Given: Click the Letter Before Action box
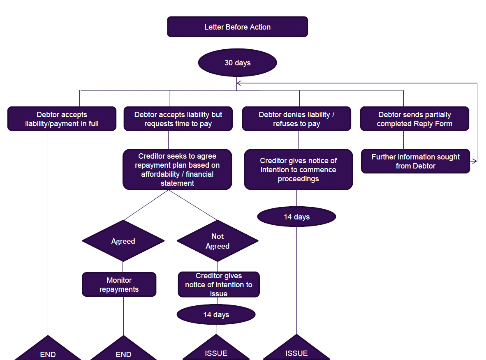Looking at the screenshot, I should (237, 27).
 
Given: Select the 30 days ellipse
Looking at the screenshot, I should (237, 63).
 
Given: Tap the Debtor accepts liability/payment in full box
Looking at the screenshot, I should (62, 119).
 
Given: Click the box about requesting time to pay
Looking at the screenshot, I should (178, 119).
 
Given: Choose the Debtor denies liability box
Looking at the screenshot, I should (296, 119).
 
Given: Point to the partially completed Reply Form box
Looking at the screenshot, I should (414, 119).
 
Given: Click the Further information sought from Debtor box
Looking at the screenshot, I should (415, 162).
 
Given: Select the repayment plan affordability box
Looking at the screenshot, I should (177, 170).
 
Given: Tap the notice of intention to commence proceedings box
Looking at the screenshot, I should (298, 170).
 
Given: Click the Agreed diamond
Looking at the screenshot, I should (123, 241).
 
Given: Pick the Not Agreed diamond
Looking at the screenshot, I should (218, 241).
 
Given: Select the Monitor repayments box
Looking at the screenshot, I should (119, 284).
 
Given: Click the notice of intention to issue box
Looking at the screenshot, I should (219, 284).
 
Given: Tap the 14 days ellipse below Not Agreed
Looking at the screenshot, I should (216, 315).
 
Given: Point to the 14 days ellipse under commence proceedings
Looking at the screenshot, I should (296, 217).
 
